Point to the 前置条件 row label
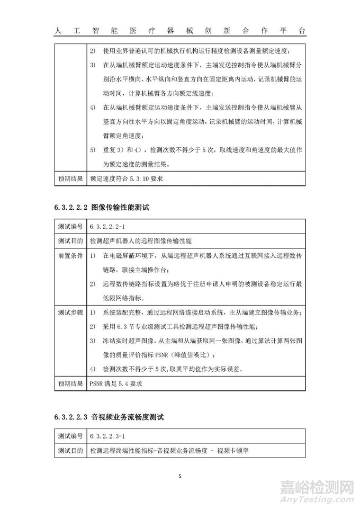tap(70, 256)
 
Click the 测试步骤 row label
tap(70, 312)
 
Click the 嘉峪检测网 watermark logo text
tap(313, 487)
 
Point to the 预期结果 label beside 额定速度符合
tap(70, 178)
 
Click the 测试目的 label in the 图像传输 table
tap(70, 241)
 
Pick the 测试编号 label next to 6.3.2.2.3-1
tap(70, 437)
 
